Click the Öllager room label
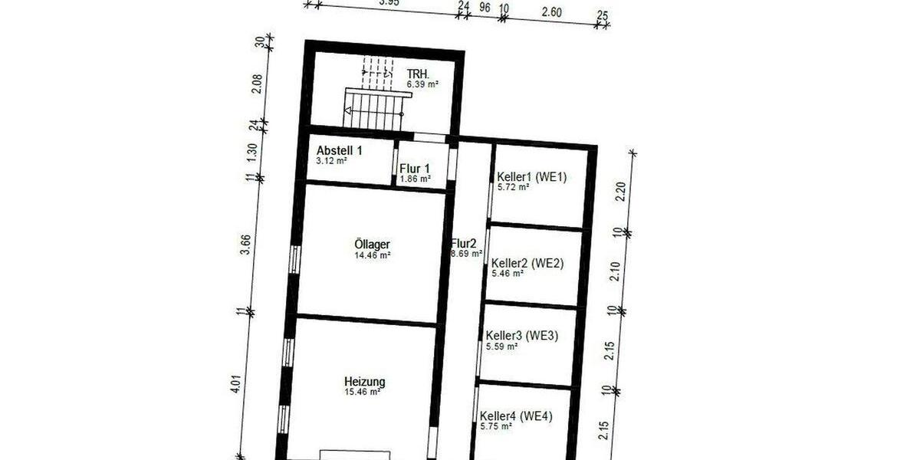tap(372, 245)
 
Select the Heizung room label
tap(364, 381)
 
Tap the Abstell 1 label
tap(339, 150)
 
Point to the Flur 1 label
tap(415, 169)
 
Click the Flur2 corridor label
tap(464, 243)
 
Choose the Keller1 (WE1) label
tap(531, 176)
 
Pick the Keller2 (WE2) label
tap(527, 263)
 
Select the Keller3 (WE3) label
tap(522, 335)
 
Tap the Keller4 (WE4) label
tap(516, 416)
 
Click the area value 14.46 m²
tap(373, 255)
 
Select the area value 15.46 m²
tap(363, 392)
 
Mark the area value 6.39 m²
tap(422, 84)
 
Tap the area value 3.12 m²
tap(333, 161)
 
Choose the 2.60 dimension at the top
tap(551, 11)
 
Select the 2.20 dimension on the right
tap(621, 191)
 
